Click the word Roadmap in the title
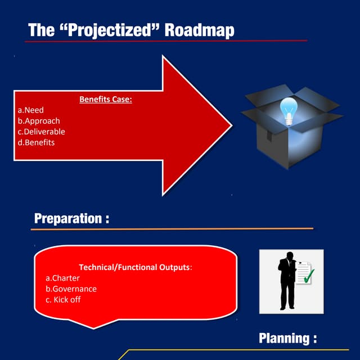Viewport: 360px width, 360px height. coord(199,30)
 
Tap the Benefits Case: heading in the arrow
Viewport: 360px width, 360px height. coord(105,100)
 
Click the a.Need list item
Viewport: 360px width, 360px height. coord(30,110)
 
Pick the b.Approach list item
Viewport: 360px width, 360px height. coord(38,121)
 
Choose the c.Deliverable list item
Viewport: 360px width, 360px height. coord(41,132)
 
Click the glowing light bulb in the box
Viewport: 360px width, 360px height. coord(289,110)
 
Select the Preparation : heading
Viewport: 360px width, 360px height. coord(71,218)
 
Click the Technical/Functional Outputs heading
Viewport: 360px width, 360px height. coord(135,267)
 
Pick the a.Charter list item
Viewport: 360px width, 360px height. coord(62,278)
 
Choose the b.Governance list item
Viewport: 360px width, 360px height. coord(71,289)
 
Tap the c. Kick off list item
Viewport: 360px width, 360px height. coord(63,299)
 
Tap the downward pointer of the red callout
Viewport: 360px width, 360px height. coord(93,325)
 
